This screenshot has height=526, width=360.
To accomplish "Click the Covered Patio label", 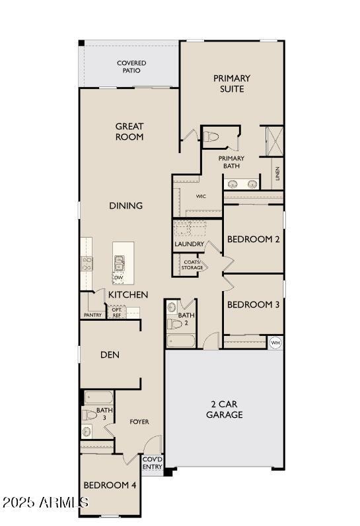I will (131, 67).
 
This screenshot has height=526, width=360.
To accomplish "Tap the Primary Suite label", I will (231, 83).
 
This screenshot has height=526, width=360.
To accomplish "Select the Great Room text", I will (129, 131).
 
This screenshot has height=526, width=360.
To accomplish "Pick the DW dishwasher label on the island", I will (118, 278).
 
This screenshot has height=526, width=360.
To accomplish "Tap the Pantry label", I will (92, 315).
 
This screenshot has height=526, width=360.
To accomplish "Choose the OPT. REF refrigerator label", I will (116, 313).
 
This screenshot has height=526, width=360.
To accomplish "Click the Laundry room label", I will (189, 244).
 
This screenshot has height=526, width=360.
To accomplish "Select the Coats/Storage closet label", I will (192, 265).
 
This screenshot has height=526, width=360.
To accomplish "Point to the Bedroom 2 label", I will (253, 239).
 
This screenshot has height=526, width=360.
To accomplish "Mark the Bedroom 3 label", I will (253, 305).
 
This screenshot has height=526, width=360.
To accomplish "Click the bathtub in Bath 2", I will (180, 341).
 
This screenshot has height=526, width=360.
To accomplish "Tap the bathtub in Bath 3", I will (98, 398).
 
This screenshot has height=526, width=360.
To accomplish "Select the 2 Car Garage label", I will (224, 409).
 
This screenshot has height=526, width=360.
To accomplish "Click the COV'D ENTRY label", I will (152, 463).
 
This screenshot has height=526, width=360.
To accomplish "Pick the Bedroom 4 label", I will (110, 485).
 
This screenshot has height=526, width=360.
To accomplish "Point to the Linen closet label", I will (277, 174).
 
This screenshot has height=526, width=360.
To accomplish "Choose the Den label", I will (110, 354).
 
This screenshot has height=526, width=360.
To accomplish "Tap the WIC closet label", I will (201, 196).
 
